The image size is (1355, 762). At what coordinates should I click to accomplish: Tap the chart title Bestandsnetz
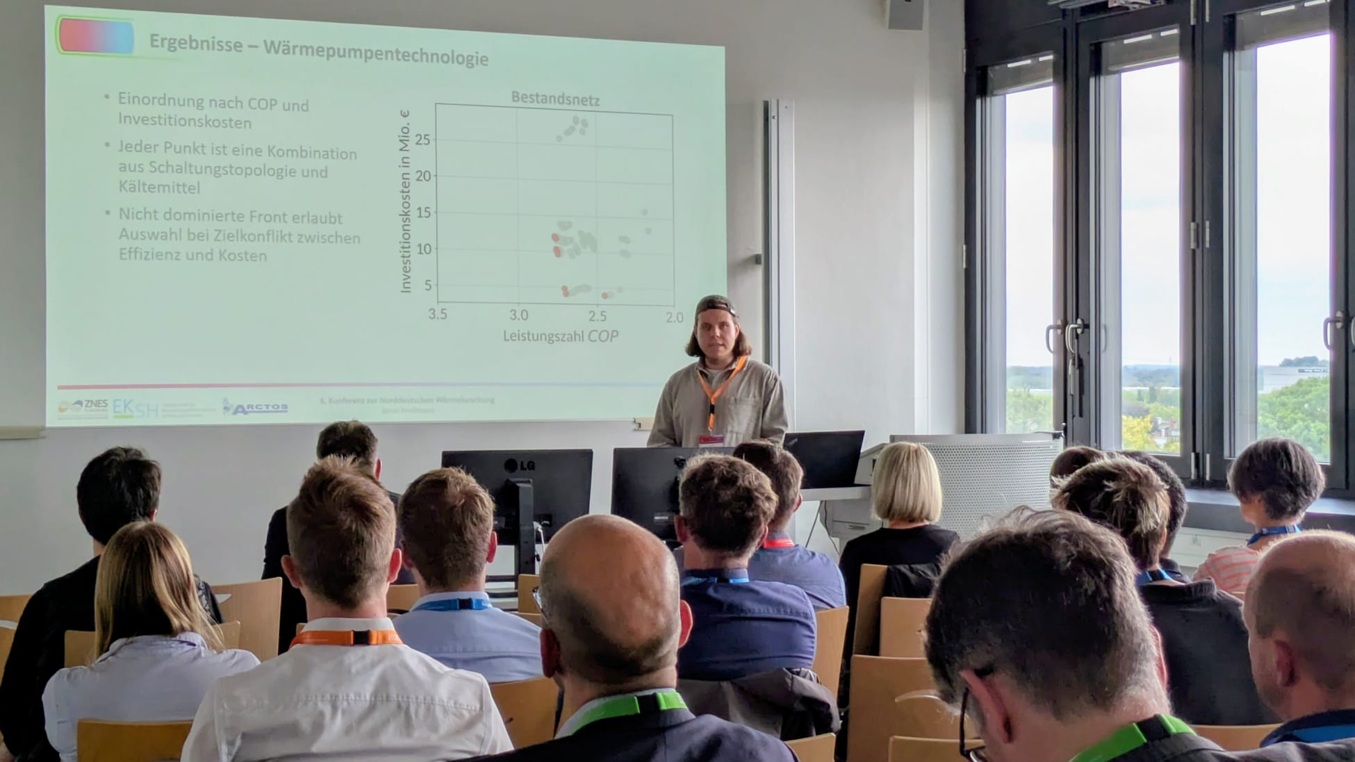[555, 99]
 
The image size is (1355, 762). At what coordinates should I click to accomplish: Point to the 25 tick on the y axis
[422, 140]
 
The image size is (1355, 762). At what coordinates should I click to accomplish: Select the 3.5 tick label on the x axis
[437, 314]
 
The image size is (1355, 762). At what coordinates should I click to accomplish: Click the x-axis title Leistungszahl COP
[560, 336]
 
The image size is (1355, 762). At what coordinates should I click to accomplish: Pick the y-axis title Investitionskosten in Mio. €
[406, 201]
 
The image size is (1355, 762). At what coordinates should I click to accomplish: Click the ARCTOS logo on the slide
[256, 407]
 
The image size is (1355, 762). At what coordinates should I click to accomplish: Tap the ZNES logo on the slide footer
[83, 408]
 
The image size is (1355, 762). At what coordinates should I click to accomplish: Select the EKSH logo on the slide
[135, 408]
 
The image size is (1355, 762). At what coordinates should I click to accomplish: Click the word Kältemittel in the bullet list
[159, 188]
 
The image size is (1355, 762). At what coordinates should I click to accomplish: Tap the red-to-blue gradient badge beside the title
[97, 36]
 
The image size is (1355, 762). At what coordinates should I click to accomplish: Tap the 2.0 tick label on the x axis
[674, 317]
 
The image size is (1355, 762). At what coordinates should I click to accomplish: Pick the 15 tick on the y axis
[422, 213]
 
